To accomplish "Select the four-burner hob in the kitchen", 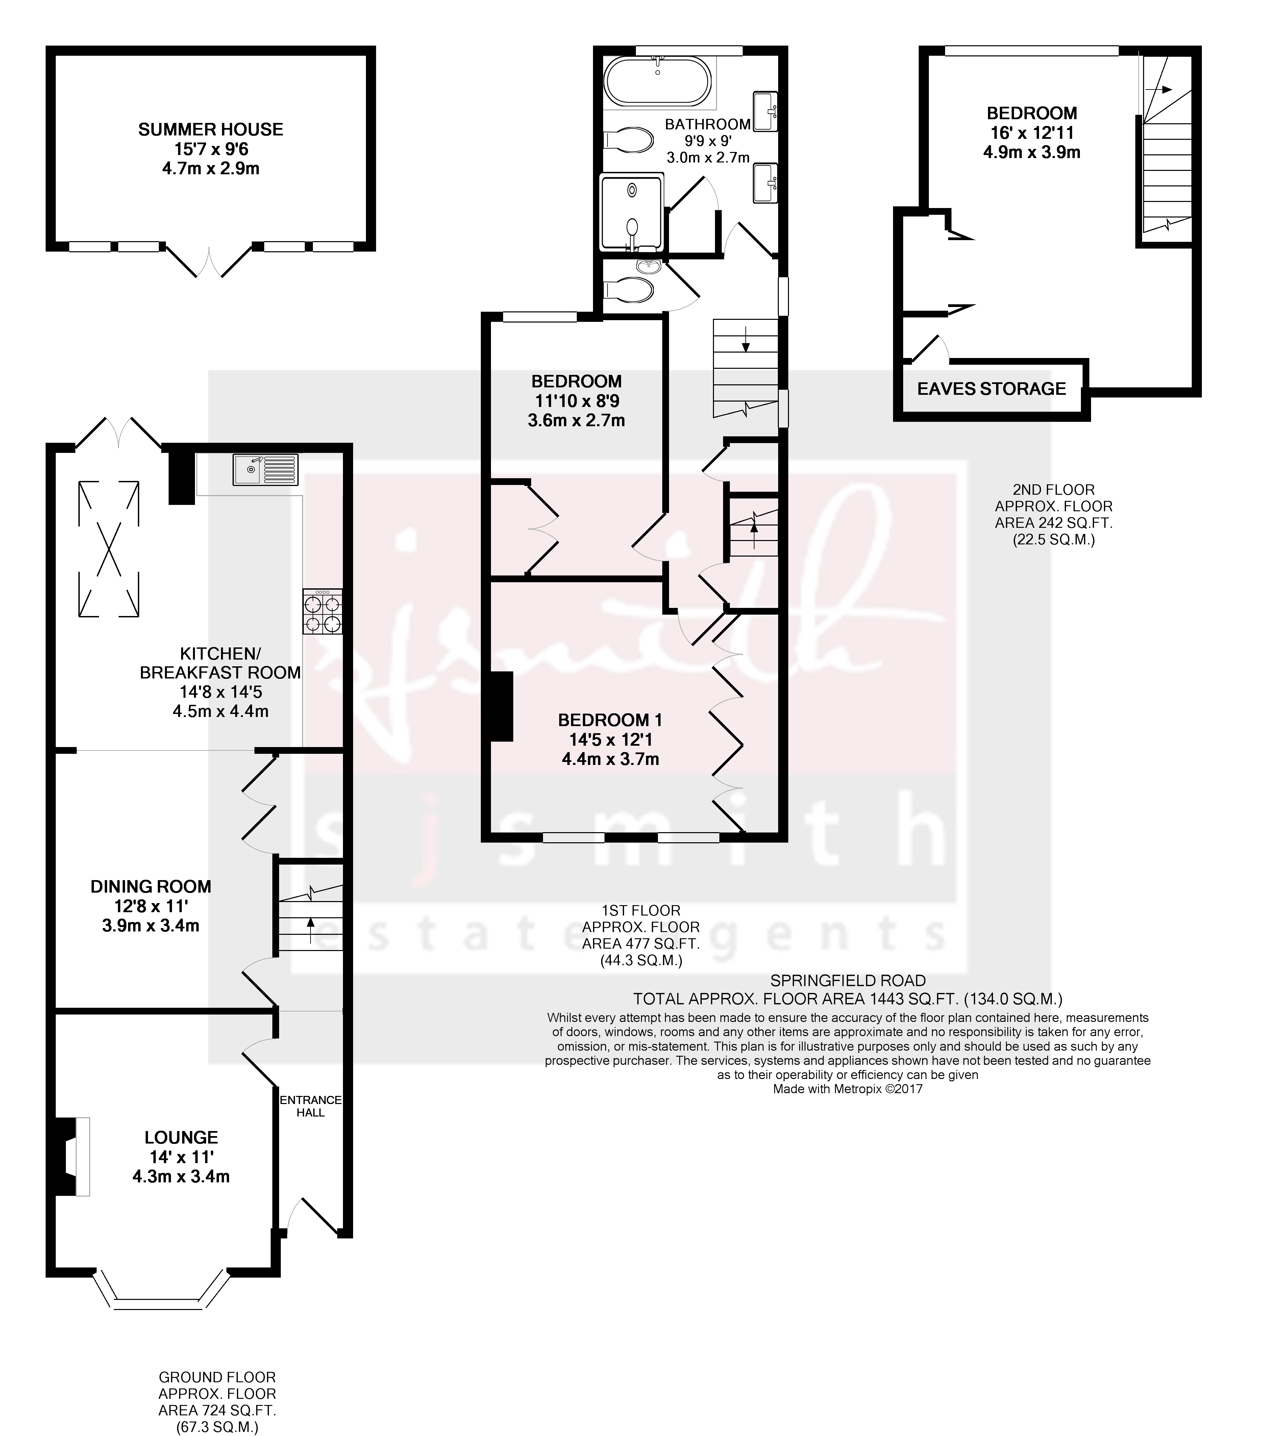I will (323, 611).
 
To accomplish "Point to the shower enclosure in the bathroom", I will (630, 213).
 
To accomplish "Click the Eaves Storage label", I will (991, 388).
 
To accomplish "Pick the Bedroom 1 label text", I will (610, 719).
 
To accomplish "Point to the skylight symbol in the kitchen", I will (107, 549).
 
